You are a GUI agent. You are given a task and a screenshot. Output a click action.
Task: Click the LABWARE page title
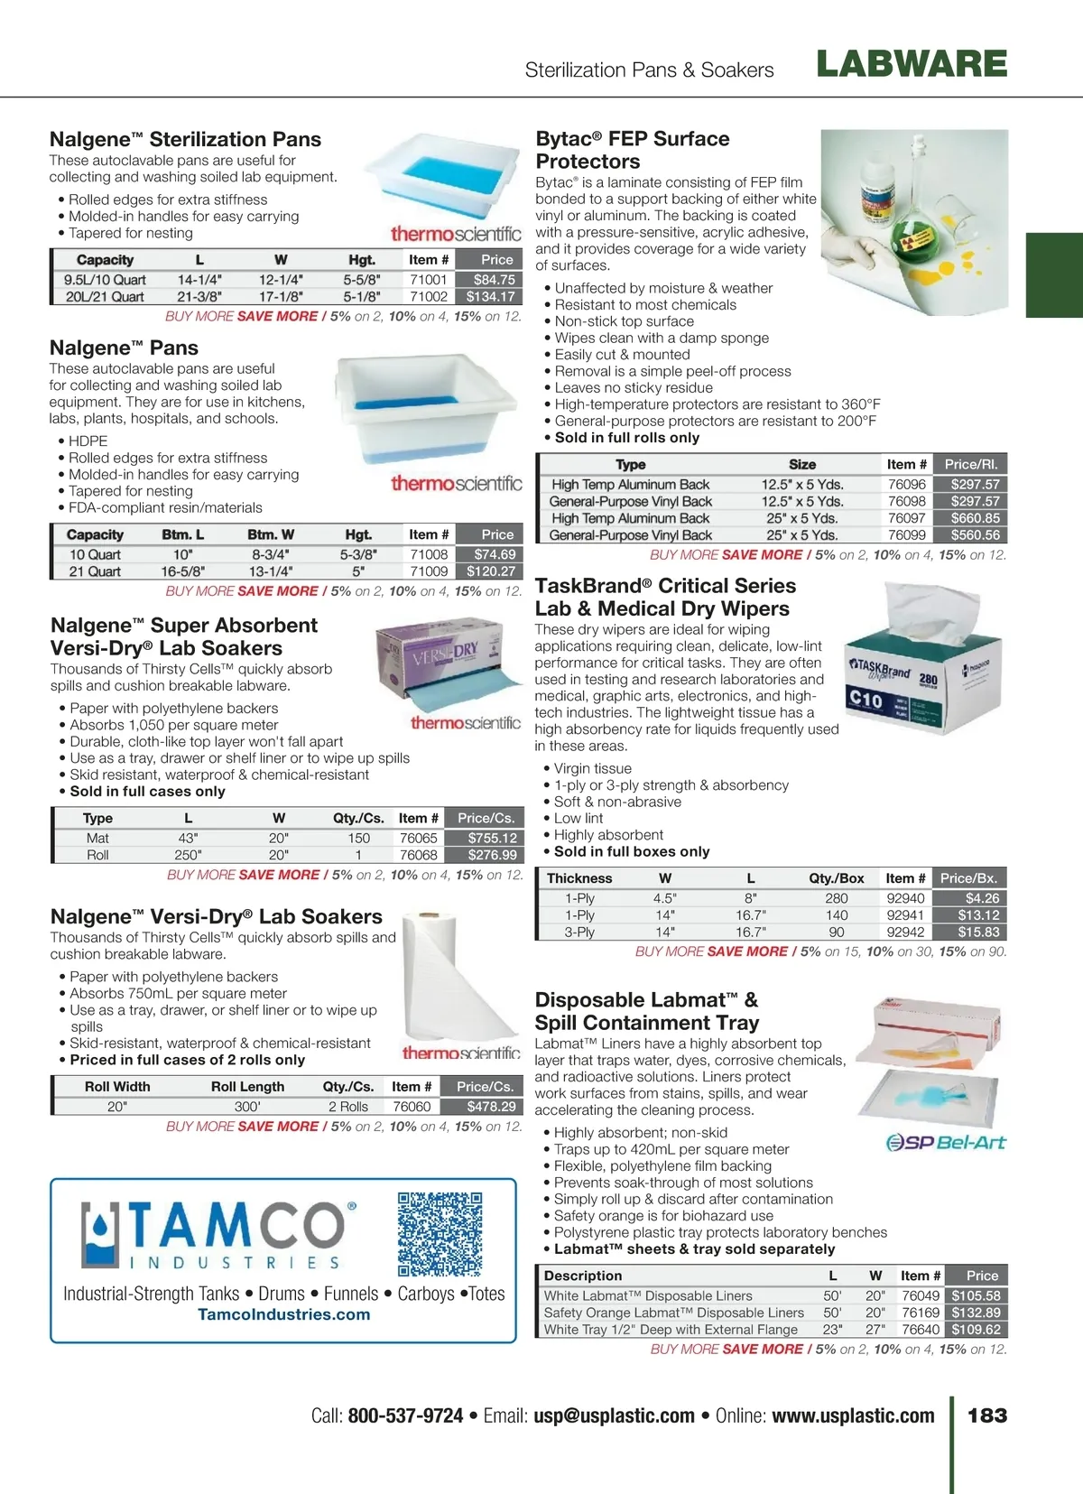[912, 64]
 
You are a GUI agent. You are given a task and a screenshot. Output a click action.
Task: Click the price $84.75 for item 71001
[494, 280]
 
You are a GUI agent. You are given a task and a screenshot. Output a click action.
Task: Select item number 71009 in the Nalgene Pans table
[429, 571]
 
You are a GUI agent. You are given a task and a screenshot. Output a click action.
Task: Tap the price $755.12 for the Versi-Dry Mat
[492, 838]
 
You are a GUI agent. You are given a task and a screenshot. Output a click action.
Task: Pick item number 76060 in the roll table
[412, 1107]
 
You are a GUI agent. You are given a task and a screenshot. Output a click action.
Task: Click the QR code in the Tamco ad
[440, 1233]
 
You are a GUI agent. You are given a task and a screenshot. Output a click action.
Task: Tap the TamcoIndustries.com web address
[283, 1314]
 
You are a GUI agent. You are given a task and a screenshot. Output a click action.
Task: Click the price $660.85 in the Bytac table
[975, 518]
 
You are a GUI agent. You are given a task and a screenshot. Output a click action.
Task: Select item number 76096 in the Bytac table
[907, 485]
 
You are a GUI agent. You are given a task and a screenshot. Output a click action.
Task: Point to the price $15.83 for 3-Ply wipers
[978, 932]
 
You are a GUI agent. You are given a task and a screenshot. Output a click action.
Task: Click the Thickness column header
[579, 878]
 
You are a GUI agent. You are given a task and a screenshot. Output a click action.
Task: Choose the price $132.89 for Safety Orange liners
[976, 1313]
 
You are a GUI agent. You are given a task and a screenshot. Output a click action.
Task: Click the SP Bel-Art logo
[946, 1143]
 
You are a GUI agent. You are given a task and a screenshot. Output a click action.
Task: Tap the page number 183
[987, 1415]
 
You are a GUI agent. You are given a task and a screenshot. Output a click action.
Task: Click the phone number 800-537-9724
[405, 1415]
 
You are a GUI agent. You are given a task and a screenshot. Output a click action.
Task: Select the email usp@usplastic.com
[614, 1415]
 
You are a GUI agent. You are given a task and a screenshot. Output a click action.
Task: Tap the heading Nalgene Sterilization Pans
[185, 139]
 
